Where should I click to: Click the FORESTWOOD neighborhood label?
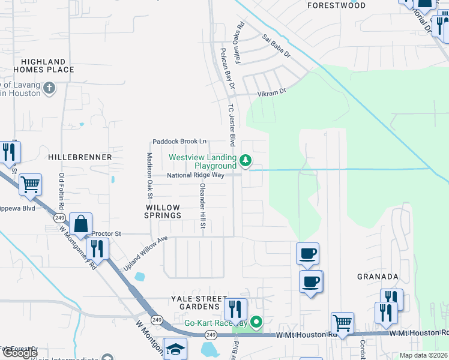coord(336,5)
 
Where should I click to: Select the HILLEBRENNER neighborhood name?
coord(80,157)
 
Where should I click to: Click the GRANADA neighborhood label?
coord(378,277)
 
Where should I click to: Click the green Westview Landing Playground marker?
coord(245,160)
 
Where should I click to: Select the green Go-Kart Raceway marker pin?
coord(256,323)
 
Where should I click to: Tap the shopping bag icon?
coord(80,224)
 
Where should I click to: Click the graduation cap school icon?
coord(175,349)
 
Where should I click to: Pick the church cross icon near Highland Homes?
coord(49,89)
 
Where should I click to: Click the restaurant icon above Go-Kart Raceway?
coord(235,309)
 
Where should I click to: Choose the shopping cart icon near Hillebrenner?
coord(30,184)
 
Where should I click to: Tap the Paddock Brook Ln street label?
coord(179,141)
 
